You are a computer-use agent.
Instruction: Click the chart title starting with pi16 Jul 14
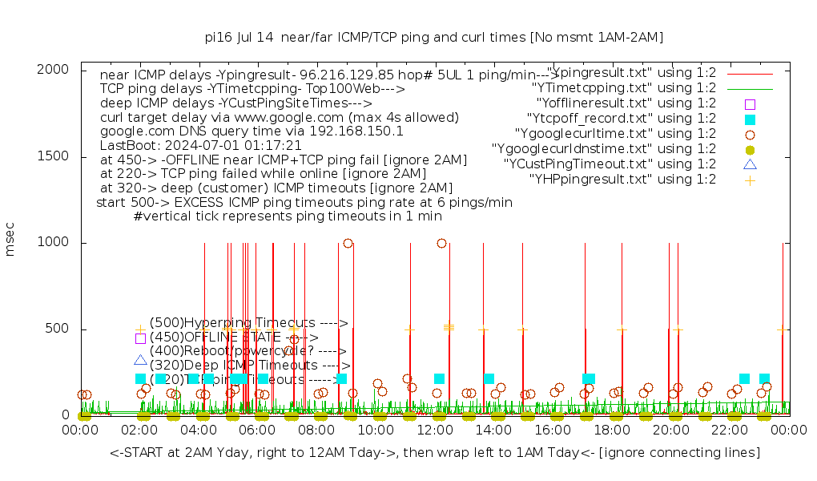pos(434,37)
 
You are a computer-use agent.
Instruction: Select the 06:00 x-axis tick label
pos(258,430)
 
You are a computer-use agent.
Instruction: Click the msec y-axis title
pos(10,242)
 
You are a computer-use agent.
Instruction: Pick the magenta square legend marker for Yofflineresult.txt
pos(750,103)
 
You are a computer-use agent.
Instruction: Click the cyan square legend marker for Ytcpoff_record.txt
pos(750,119)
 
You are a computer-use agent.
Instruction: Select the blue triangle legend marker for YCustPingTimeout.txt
pos(750,164)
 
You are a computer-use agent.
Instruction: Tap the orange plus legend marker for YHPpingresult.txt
pos(750,180)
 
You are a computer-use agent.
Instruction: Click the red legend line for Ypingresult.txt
pos(750,73)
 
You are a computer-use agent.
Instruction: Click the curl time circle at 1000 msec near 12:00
pos(442,243)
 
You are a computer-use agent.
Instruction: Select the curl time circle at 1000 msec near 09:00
pos(348,243)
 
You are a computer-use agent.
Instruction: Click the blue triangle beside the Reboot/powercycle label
pos(140,360)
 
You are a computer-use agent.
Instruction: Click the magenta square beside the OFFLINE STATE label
pos(140,338)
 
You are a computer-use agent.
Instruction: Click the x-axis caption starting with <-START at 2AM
pos(435,453)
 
